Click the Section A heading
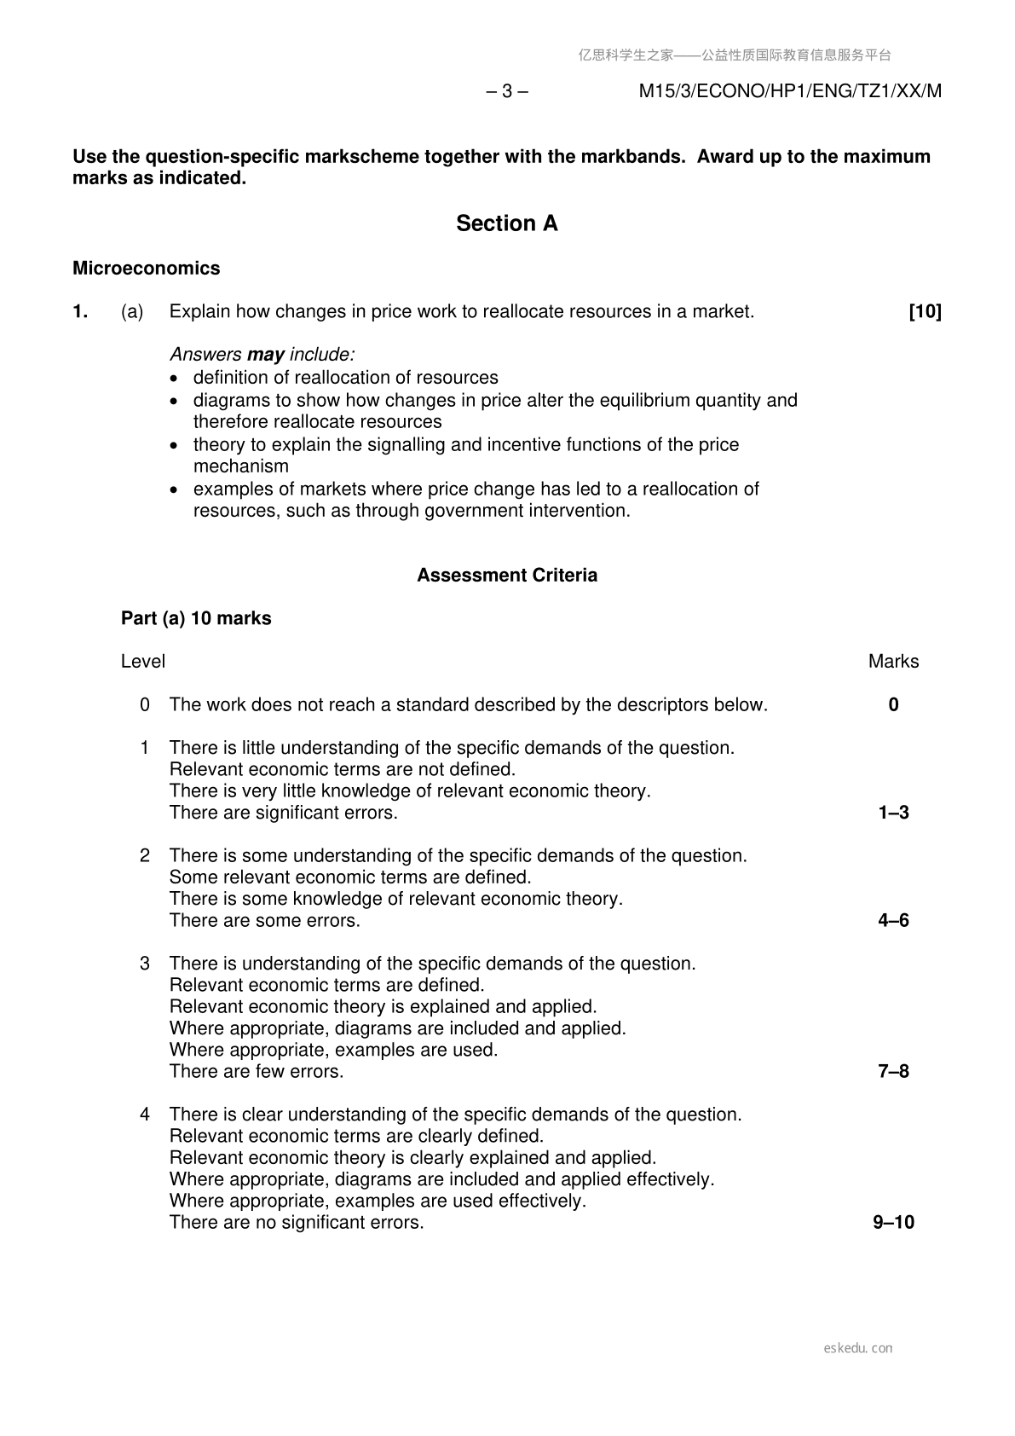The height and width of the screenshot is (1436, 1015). click(506, 223)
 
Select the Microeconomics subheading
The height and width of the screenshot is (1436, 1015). click(146, 269)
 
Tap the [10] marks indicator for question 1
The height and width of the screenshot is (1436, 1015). click(925, 312)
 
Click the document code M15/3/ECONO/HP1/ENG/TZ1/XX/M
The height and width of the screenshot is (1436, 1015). click(790, 91)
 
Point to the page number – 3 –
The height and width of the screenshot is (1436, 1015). click(506, 91)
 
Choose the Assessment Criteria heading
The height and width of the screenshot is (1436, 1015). click(506, 576)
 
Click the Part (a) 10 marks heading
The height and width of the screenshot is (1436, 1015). click(196, 618)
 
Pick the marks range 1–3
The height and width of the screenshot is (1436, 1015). click(893, 813)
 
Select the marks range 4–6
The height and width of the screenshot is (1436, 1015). click(893, 921)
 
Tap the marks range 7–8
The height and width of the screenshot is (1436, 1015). click(893, 1072)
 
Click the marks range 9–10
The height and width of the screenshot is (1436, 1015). click(893, 1223)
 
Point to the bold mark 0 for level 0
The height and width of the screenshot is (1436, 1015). click(893, 705)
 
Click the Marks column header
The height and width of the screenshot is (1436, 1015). click(893, 662)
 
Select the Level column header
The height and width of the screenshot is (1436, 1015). click(143, 662)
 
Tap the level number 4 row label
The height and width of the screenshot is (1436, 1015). click(145, 1115)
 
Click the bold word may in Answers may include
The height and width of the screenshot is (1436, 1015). click(265, 355)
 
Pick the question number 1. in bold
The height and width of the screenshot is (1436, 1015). click(80, 312)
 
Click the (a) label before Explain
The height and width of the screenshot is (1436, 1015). click(132, 312)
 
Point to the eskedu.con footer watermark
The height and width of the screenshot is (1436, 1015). click(858, 1348)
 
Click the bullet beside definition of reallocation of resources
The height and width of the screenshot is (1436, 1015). click(175, 379)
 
